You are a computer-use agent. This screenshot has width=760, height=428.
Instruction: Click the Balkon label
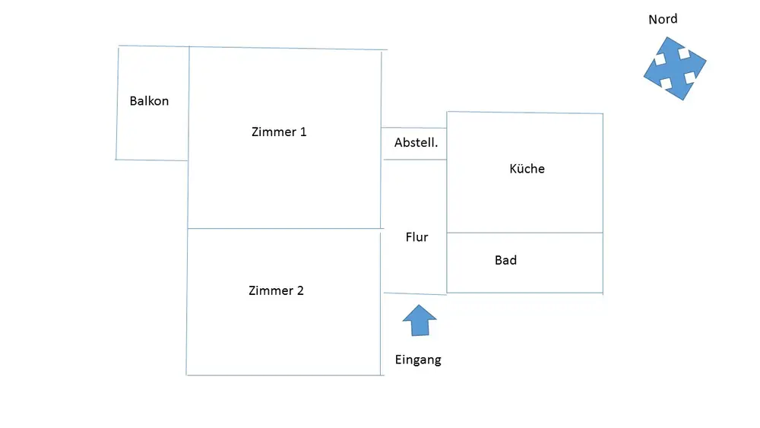tap(149, 101)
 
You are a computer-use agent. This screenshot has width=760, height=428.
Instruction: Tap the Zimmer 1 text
tap(279, 132)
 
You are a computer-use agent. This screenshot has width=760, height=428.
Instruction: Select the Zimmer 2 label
tap(277, 290)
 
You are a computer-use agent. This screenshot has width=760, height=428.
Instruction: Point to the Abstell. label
tap(416, 142)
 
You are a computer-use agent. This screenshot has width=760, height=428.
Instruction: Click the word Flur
tap(416, 237)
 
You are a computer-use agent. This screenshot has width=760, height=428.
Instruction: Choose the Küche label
tap(527, 169)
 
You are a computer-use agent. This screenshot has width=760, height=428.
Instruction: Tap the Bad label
tap(505, 260)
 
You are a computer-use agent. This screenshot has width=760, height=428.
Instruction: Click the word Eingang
tap(418, 360)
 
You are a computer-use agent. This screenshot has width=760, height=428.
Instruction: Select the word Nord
tap(663, 20)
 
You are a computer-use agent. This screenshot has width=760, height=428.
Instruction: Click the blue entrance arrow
tap(420, 320)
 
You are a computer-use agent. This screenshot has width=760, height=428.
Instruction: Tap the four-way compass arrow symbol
tap(675, 69)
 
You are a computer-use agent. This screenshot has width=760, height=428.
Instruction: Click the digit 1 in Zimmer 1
tap(303, 132)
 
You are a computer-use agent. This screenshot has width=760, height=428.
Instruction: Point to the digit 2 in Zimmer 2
tap(300, 290)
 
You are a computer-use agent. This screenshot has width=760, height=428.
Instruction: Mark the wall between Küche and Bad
tap(525, 233)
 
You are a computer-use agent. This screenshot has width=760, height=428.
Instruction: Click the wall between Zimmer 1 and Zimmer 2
tap(286, 228)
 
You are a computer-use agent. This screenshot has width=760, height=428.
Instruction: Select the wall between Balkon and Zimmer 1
tap(188, 103)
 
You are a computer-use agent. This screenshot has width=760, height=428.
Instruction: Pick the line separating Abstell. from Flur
tap(415, 160)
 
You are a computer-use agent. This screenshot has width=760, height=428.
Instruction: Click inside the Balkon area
tap(152, 126)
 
